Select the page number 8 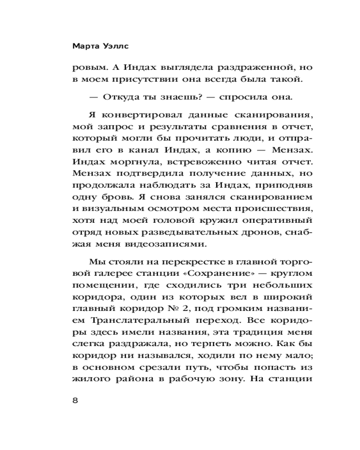75,401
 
